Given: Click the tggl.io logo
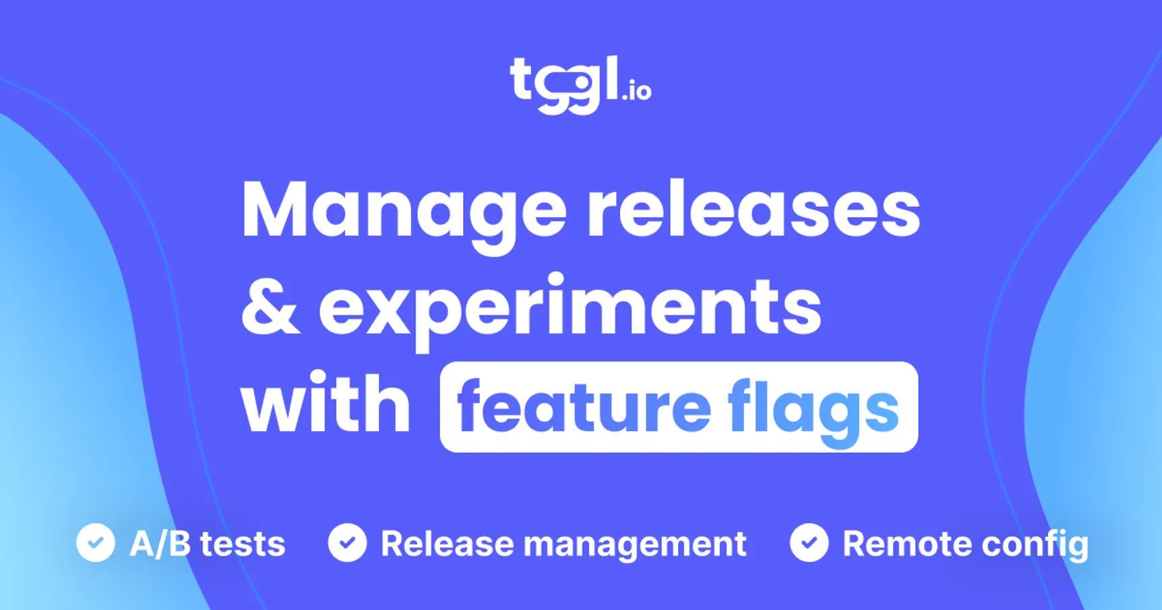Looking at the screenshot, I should coord(580,84).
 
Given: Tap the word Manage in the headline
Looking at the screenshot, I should coord(403,210).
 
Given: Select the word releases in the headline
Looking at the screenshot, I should coord(753,210).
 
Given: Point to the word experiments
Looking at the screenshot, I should coord(570,308).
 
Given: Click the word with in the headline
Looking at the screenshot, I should coord(326,405).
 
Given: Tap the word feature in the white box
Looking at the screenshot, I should coord(584,407).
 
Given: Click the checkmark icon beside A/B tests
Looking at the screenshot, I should coord(96,543).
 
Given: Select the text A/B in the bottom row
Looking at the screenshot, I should coord(160,543).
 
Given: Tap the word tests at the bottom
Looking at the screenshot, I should coord(243,544).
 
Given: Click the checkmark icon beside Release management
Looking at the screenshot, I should coord(348,543).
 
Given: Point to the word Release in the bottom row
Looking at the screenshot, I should coord(447,544).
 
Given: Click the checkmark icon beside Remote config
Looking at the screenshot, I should coord(809,543).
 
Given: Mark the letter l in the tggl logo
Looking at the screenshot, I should coord(611,77).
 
